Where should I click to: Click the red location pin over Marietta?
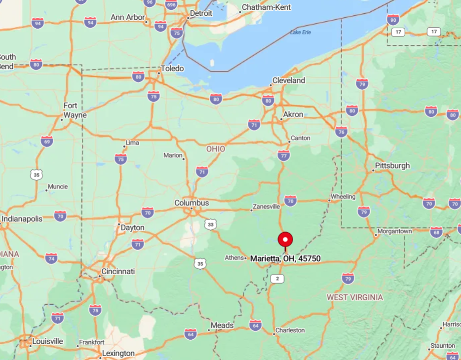pyautogui.click(x=285, y=240)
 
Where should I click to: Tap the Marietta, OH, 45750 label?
pyautogui.click(x=285, y=258)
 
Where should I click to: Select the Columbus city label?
pyautogui.click(x=192, y=203)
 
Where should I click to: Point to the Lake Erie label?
pyautogui.click(x=301, y=33)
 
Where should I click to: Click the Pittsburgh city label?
pyautogui.click(x=392, y=166)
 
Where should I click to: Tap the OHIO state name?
pyautogui.click(x=216, y=149)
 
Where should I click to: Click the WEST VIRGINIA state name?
pyautogui.click(x=355, y=297)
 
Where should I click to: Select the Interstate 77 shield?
pyautogui.click(x=284, y=155)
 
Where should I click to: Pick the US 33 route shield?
pyautogui.click(x=211, y=224)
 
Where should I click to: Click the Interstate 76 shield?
pyautogui.click(x=341, y=131)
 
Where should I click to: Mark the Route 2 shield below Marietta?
pyautogui.click(x=277, y=279)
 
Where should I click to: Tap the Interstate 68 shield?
pyautogui.click(x=436, y=232)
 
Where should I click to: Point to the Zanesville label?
pyautogui.click(x=266, y=207)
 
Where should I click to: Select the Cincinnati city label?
pyautogui.click(x=118, y=272)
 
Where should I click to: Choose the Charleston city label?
pyautogui.click(x=290, y=330)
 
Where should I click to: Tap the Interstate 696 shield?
pyautogui.click(x=171, y=5)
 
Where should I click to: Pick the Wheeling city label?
pyautogui.click(x=343, y=197)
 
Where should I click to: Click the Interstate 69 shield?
pyautogui.click(x=47, y=142)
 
